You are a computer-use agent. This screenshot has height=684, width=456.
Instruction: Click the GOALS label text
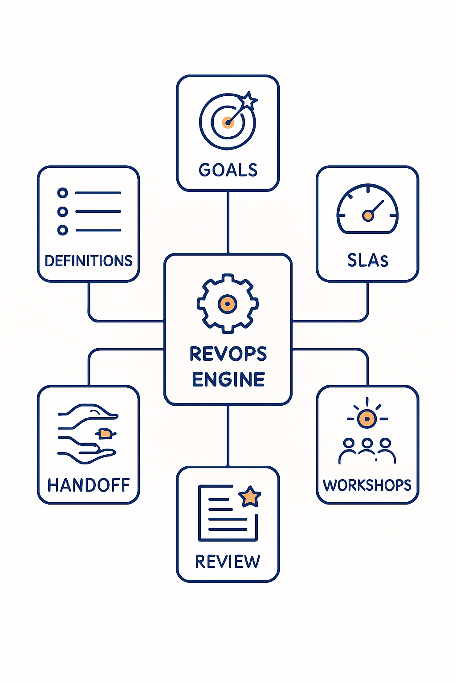click(x=228, y=170)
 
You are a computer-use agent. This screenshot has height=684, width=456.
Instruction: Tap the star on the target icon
click(x=248, y=101)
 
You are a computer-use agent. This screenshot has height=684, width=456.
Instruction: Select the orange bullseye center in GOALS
click(x=228, y=122)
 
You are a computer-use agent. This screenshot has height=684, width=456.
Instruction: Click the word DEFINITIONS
click(x=89, y=261)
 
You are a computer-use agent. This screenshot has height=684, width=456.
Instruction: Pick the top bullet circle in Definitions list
click(x=63, y=193)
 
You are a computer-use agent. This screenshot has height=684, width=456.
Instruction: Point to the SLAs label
click(x=367, y=260)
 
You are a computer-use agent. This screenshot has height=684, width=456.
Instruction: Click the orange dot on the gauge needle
click(x=368, y=216)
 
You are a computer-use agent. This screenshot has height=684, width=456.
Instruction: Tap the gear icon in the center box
click(x=228, y=304)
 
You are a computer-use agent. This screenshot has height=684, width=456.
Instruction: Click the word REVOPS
click(x=228, y=354)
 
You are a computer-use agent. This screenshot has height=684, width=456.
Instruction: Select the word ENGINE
click(x=228, y=379)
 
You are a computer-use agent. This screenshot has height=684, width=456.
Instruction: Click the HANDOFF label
click(x=89, y=485)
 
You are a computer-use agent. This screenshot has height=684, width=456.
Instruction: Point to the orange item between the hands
click(x=105, y=433)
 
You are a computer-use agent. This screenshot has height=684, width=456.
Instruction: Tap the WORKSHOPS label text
click(x=367, y=485)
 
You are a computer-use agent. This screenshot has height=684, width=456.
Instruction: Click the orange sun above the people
click(x=367, y=419)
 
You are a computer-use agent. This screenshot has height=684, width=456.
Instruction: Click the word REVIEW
click(x=228, y=562)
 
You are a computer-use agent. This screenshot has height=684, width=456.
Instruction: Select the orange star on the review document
click(x=250, y=497)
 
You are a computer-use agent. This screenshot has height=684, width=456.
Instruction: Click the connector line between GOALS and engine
click(x=228, y=223)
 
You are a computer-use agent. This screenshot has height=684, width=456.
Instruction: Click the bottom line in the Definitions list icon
click(x=98, y=230)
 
